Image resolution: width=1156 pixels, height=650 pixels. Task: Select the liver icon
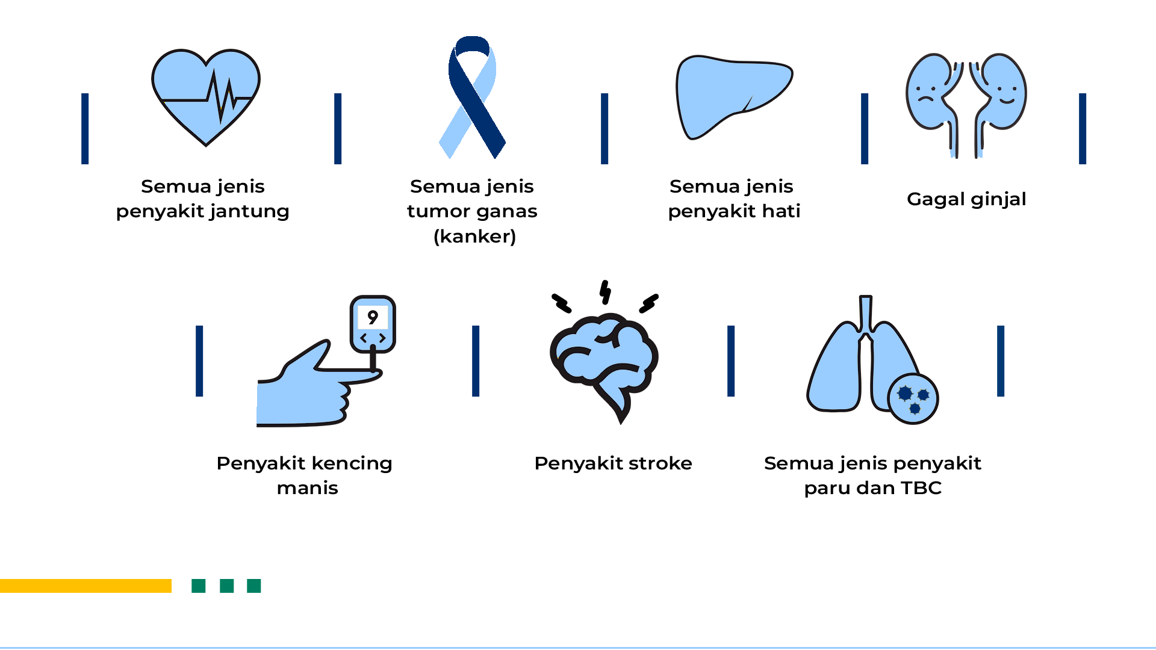point(734,97)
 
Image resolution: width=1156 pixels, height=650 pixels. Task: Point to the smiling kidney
point(999,96)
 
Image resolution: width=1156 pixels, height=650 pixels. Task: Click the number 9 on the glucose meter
point(373,317)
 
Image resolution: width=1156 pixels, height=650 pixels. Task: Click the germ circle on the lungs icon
point(913,398)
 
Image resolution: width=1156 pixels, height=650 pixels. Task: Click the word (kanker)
point(474,237)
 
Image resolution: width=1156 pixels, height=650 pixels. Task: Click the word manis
point(307,488)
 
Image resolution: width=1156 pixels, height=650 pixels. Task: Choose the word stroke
point(660,463)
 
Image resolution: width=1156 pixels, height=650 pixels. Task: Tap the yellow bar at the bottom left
point(85,586)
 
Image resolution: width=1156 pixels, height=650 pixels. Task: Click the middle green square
point(226,586)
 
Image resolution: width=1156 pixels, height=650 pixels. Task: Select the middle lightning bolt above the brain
point(605,292)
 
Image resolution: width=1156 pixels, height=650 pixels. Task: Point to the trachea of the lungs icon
point(865,315)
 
